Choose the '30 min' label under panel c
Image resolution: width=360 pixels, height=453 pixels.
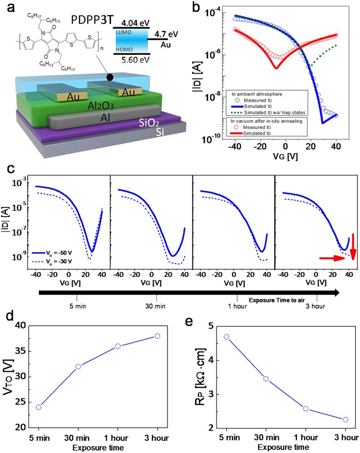pos(140,306)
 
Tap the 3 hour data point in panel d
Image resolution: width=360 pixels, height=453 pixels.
pos(157,336)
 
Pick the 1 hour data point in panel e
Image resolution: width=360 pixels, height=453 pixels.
pos(306,409)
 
